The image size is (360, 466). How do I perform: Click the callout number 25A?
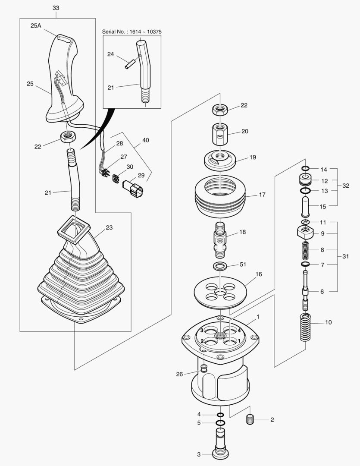(x=36, y=26)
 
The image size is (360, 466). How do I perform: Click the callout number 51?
(x=243, y=264)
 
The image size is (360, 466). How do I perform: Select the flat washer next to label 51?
(x=220, y=264)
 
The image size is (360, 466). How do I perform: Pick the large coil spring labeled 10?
(x=305, y=327)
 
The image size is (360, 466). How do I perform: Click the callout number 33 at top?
(x=56, y=8)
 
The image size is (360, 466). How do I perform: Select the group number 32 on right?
(x=346, y=186)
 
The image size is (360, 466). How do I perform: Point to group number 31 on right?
(x=346, y=256)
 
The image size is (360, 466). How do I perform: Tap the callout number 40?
(x=146, y=140)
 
